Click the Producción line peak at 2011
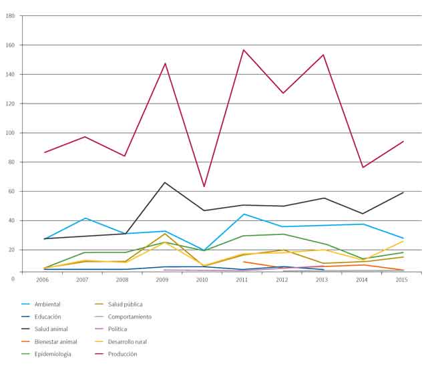[x=244, y=50]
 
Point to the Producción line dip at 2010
[x=204, y=186]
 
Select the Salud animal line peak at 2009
[x=165, y=182]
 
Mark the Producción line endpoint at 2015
[x=403, y=141]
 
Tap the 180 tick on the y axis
[x=10, y=16]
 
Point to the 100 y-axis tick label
[x=10, y=133]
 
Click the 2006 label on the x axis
[x=42, y=280]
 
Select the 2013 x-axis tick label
[x=323, y=280]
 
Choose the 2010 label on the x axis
[x=202, y=280]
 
